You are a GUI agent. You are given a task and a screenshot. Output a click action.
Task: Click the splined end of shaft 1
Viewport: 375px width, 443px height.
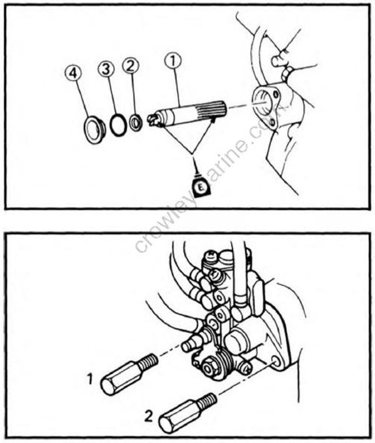click(209, 111)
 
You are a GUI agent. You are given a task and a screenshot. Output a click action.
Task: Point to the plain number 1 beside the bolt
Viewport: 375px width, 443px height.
click(91, 378)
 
